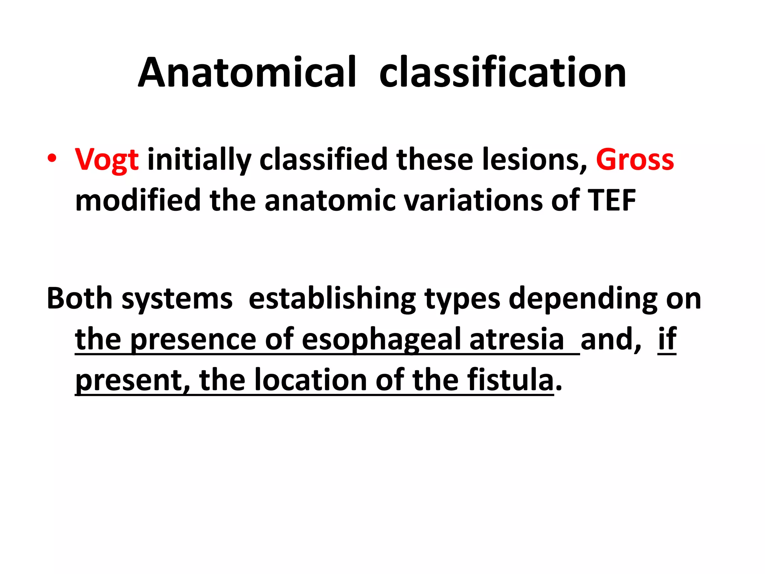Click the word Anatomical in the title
(x=247, y=73)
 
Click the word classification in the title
(x=502, y=73)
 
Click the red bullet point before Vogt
(x=52, y=158)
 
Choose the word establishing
(x=332, y=299)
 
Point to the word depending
(x=583, y=299)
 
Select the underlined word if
(x=667, y=339)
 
